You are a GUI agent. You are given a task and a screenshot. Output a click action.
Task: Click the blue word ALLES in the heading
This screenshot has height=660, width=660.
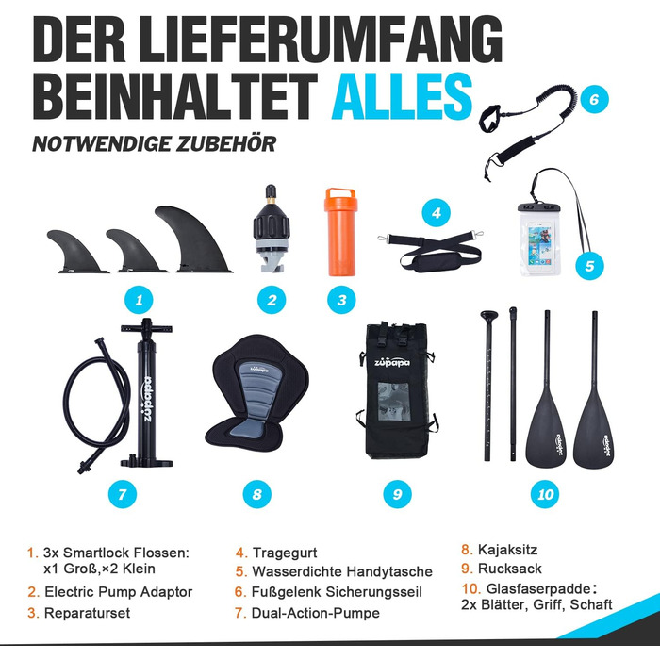(x=403, y=96)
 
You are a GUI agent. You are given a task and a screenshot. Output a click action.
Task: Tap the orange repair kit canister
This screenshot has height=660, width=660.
(x=340, y=232)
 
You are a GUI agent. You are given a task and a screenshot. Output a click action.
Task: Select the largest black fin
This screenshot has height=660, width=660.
(x=193, y=239)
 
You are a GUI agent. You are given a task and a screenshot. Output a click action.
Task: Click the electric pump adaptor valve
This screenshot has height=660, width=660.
(x=272, y=228)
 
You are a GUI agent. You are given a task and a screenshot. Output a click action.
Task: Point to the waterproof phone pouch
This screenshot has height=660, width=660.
(x=540, y=239)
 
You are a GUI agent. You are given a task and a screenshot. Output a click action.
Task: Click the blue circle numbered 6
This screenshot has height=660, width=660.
(x=594, y=99)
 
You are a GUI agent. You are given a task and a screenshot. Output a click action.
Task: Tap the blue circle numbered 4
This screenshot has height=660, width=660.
(x=437, y=213)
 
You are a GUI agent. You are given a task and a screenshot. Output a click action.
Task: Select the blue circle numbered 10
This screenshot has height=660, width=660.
(x=546, y=494)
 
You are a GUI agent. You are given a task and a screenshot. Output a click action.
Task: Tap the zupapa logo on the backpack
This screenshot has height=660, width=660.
(x=392, y=362)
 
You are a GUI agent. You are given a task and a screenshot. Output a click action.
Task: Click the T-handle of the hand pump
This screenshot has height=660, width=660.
(x=146, y=328)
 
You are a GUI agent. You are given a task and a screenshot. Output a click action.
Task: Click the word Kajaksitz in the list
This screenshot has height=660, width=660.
(x=507, y=550)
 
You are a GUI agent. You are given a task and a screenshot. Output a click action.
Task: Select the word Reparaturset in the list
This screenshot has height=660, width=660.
(x=87, y=613)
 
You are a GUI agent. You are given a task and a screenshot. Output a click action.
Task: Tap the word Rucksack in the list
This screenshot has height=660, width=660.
(x=510, y=569)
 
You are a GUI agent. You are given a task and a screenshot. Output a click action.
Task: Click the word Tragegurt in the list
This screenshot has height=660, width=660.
(x=285, y=553)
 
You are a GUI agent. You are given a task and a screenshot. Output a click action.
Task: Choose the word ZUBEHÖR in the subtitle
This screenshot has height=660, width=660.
(x=226, y=144)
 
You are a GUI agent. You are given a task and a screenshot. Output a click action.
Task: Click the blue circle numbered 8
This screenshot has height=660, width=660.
(x=257, y=494)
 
